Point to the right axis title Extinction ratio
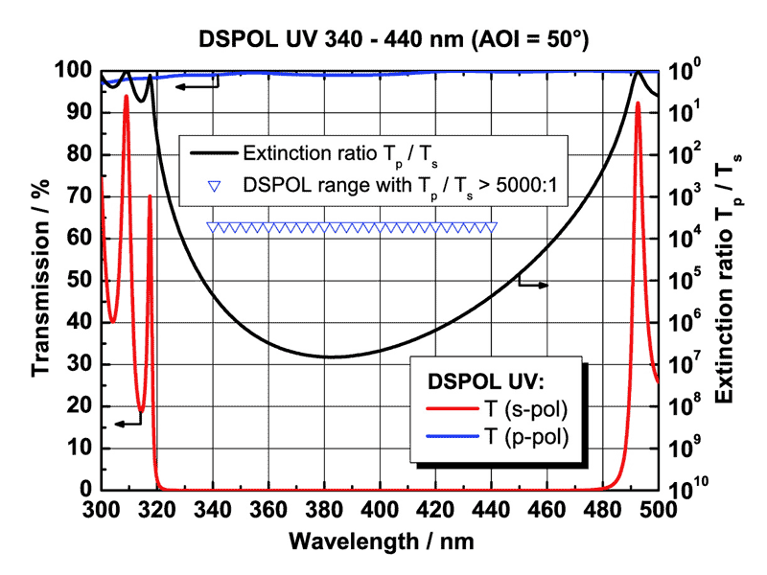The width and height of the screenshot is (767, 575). [732, 279]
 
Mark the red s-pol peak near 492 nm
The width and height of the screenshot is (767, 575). [638, 103]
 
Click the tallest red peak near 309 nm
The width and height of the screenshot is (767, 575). [126, 96]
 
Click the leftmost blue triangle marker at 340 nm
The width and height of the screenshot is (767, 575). [213, 228]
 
